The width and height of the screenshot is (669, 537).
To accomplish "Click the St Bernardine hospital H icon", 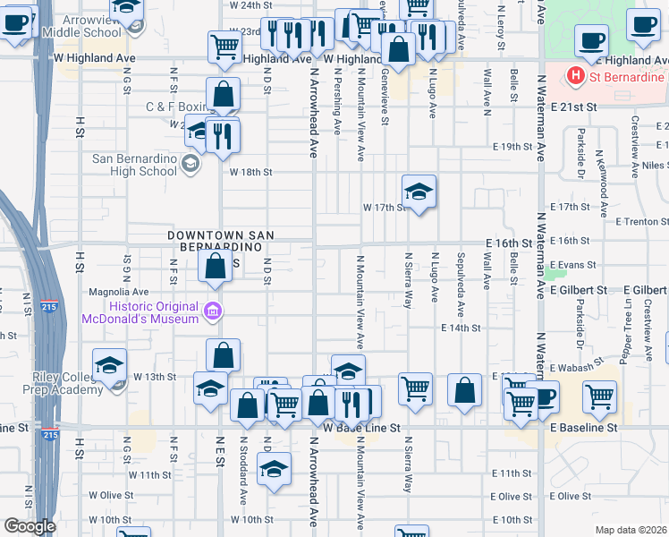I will point(576,77).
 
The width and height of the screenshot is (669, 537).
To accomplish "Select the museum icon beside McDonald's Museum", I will point(213,311).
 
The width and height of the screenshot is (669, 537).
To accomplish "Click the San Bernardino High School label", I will point(135,165).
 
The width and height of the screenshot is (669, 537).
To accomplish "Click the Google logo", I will point(30,525).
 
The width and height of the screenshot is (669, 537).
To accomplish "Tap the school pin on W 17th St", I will point(419,192).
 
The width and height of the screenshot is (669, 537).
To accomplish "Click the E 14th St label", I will point(462,328).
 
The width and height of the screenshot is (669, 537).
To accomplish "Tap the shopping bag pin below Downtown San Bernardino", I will point(215,266).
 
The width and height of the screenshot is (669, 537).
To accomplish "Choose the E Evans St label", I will point(572,265).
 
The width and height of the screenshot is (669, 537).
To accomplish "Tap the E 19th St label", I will point(512,147).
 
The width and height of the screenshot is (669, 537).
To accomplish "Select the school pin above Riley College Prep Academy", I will point(109,365).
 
